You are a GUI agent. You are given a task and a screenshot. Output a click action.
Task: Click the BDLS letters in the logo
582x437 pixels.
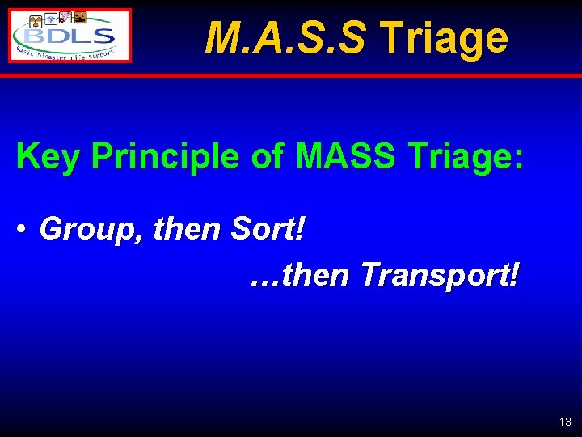69,36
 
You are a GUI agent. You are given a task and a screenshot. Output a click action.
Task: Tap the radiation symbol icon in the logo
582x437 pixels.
35,21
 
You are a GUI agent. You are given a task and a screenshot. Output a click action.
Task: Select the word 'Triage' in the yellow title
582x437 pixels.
444,37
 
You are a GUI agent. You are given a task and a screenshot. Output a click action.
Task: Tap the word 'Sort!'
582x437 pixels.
268,230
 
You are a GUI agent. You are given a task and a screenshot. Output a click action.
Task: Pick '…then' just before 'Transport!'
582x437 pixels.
300,275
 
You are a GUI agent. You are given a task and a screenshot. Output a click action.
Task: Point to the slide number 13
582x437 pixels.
564,422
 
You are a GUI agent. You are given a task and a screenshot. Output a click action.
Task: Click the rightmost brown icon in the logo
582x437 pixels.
81,17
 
